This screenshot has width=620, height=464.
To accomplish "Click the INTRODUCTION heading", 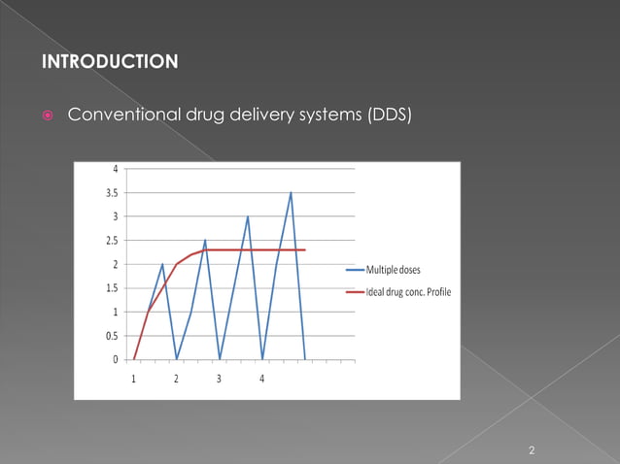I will [110, 63].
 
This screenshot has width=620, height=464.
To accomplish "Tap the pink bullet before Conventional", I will [48, 116].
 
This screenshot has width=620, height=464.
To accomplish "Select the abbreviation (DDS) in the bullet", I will [389, 116].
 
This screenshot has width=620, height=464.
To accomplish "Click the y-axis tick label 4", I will [116, 169].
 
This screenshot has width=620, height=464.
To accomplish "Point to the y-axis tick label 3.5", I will [112, 193].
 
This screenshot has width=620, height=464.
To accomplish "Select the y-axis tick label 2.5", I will [112, 241].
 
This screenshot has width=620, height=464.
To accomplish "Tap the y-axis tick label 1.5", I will [112, 288].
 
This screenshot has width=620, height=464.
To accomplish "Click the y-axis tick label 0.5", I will [112, 336].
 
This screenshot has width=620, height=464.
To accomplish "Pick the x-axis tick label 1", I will [134, 378].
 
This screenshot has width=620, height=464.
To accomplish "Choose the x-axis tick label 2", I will [176, 378].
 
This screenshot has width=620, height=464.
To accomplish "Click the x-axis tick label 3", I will [219, 378].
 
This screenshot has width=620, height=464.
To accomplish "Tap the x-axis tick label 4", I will [261, 378].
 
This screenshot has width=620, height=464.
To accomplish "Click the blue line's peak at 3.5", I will [291, 192].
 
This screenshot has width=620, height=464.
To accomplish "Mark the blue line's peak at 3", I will [248, 216].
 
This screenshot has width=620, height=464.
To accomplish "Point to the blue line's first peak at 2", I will [162, 264].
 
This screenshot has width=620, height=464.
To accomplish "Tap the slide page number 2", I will [532, 450].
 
